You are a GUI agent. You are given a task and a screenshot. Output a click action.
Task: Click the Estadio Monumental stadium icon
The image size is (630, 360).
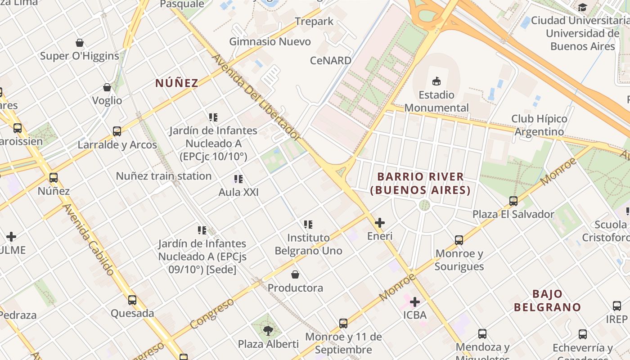click(x=436, y=81)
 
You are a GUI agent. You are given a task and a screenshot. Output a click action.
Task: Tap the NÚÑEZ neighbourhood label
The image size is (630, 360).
click(x=177, y=83)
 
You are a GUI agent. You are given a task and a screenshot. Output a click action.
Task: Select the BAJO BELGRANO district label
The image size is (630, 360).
click(x=547, y=301)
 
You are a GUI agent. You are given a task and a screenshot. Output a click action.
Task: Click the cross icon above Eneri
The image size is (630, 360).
click(x=380, y=223)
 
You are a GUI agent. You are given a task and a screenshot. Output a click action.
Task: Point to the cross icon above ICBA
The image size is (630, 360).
click(x=415, y=302)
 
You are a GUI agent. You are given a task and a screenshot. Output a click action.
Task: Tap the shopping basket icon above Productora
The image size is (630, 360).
click(x=295, y=274)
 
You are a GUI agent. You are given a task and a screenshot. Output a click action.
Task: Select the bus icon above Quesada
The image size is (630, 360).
click(x=132, y=300)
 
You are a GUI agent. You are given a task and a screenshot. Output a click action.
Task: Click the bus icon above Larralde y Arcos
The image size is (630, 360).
click(x=117, y=131)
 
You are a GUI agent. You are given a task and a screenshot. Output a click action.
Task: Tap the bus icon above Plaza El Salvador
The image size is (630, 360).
click(x=513, y=201)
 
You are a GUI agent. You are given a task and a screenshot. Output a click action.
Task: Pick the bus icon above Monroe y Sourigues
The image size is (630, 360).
click(x=459, y=240)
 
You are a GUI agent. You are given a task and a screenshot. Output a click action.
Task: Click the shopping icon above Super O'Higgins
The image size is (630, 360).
click(x=80, y=43)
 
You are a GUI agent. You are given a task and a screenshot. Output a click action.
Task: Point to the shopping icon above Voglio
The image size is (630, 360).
click(x=107, y=87)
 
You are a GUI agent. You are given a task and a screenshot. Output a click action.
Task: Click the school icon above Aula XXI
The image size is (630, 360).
click(x=238, y=179)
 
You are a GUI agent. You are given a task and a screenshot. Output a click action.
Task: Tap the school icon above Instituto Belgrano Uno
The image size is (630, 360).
click(x=308, y=224)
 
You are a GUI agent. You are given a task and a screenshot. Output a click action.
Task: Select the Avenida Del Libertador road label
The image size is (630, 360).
click(x=256, y=97)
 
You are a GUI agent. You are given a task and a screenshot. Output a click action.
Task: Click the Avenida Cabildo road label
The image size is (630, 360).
click(x=89, y=239)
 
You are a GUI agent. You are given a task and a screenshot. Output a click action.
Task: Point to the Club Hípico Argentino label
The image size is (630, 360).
click(x=539, y=125)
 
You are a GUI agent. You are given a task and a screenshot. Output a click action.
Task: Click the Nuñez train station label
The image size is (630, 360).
click(x=164, y=176)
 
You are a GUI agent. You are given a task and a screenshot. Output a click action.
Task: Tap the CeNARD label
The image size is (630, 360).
click(x=331, y=60)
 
